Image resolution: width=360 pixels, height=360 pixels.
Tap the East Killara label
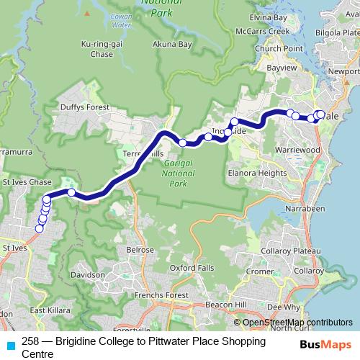coord(48,310)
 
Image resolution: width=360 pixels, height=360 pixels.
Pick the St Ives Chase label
coord(27,183)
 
